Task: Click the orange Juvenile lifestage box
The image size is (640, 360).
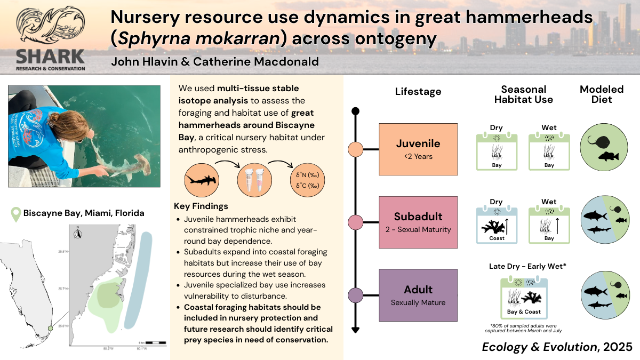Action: coord(418,149)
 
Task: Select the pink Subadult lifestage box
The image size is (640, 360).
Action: coord(418,222)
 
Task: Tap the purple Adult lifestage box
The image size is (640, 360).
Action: coord(418,295)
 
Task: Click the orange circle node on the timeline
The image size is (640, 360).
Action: coord(356,149)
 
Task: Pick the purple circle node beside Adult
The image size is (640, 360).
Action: coord(356,295)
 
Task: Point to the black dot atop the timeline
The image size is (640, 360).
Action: coord(356,111)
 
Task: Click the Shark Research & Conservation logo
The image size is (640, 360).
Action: coord(50,37)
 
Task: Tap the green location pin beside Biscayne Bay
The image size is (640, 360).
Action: coord(16,213)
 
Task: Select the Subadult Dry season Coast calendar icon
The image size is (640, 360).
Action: coord(496,224)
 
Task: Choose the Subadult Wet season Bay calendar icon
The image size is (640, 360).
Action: coord(549,224)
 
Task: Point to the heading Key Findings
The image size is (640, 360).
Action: coord(201,206)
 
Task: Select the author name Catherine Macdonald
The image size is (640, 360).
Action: coord(264,62)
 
